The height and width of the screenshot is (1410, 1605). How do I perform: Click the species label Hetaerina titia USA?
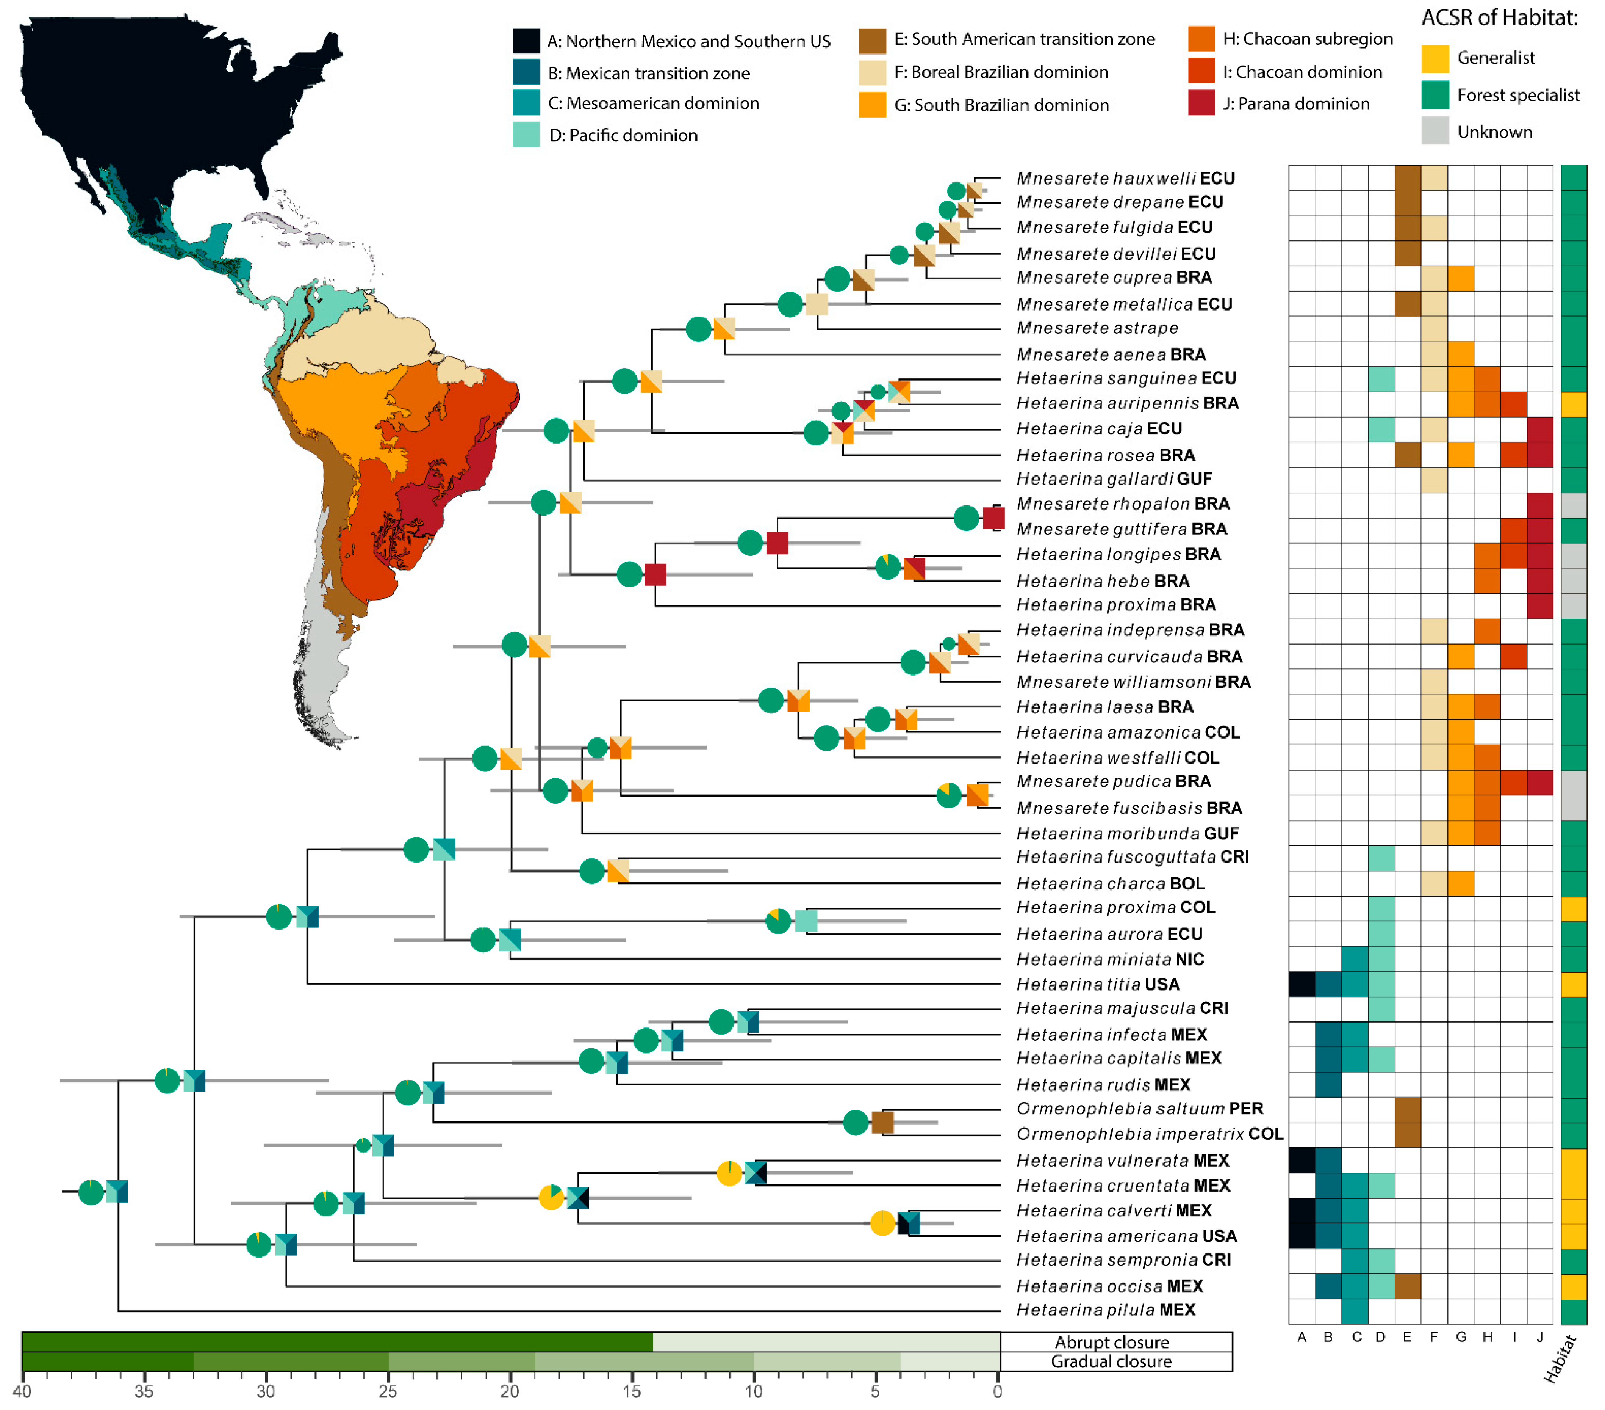[x=1098, y=984]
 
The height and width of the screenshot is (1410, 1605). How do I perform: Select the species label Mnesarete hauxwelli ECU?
[x=1125, y=178]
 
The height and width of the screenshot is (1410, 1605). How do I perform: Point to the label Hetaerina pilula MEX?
[x=1106, y=1310]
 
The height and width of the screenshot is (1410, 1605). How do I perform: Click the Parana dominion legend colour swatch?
[x=1201, y=103]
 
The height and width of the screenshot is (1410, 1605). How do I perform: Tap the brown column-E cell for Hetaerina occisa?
[x=1408, y=1286]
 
